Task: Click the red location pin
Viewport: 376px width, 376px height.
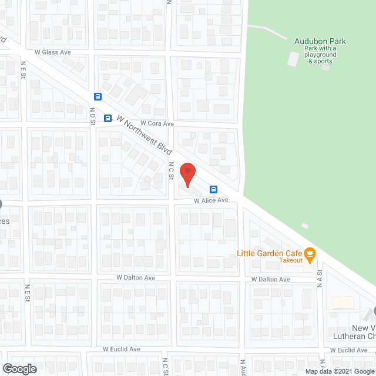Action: click(187, 174)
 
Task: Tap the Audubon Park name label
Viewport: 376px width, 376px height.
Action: click(320, 41)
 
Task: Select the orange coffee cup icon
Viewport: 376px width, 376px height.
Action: click(310, 254)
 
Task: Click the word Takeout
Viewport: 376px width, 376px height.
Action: click(290, 260)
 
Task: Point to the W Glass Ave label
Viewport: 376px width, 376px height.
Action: click(53, 52)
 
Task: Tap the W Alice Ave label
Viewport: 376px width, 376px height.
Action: click(211, 200)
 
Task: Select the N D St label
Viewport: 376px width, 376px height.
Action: click(92, 116)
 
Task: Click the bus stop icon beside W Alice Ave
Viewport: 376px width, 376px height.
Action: click(213, 189)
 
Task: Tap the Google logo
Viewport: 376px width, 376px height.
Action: click(19, 369)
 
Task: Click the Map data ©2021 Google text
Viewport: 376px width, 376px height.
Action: click(339, 371)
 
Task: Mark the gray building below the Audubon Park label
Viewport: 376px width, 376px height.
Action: click(293, 59)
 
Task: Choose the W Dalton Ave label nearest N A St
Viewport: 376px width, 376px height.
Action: click(271, 280)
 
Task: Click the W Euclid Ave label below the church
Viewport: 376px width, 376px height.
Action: click(348, 350)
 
